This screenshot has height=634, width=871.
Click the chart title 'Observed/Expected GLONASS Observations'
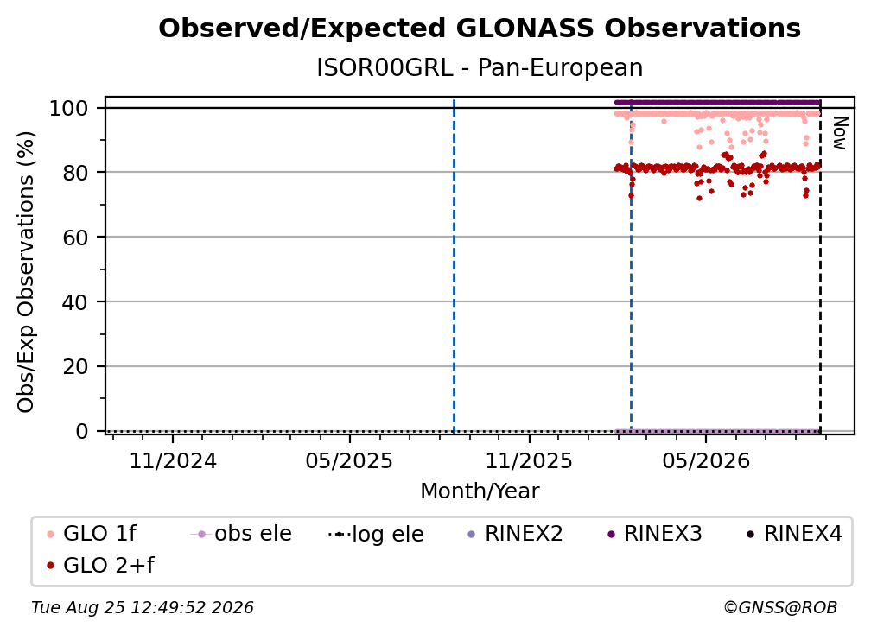(480, 29)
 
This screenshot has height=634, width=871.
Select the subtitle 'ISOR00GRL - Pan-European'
(480, 67)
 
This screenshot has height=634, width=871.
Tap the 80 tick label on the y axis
(75, 173)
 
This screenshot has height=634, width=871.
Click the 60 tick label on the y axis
(75, 238)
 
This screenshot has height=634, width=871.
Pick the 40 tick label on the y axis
(75, 302)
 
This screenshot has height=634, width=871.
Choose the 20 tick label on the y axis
(75, 366)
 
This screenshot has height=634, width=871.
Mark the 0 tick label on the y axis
(82, 431)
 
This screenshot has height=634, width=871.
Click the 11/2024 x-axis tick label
(173, 460)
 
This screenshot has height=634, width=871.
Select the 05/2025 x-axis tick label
(349, 460)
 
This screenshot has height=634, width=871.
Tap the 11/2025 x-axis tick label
(529, 460)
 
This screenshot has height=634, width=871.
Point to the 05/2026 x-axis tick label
(706, 460)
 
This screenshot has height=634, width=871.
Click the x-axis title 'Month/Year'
(480, 491)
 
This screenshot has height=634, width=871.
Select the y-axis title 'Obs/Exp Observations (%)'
(26, 272)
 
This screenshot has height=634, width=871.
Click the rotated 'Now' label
(839, 133)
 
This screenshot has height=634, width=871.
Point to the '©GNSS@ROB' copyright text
(780, 607)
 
